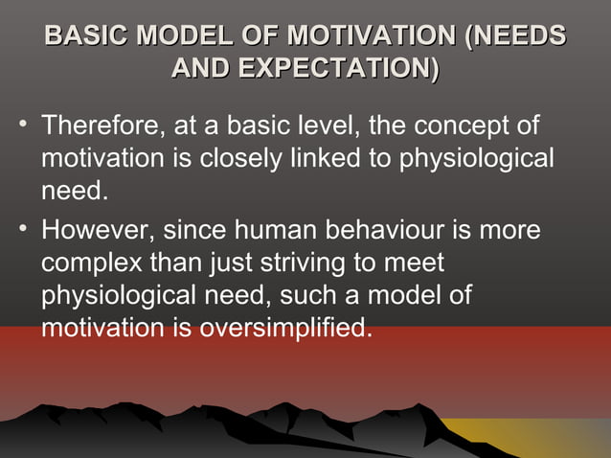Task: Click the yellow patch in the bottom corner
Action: pyautogui.click(x=565, y=437)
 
